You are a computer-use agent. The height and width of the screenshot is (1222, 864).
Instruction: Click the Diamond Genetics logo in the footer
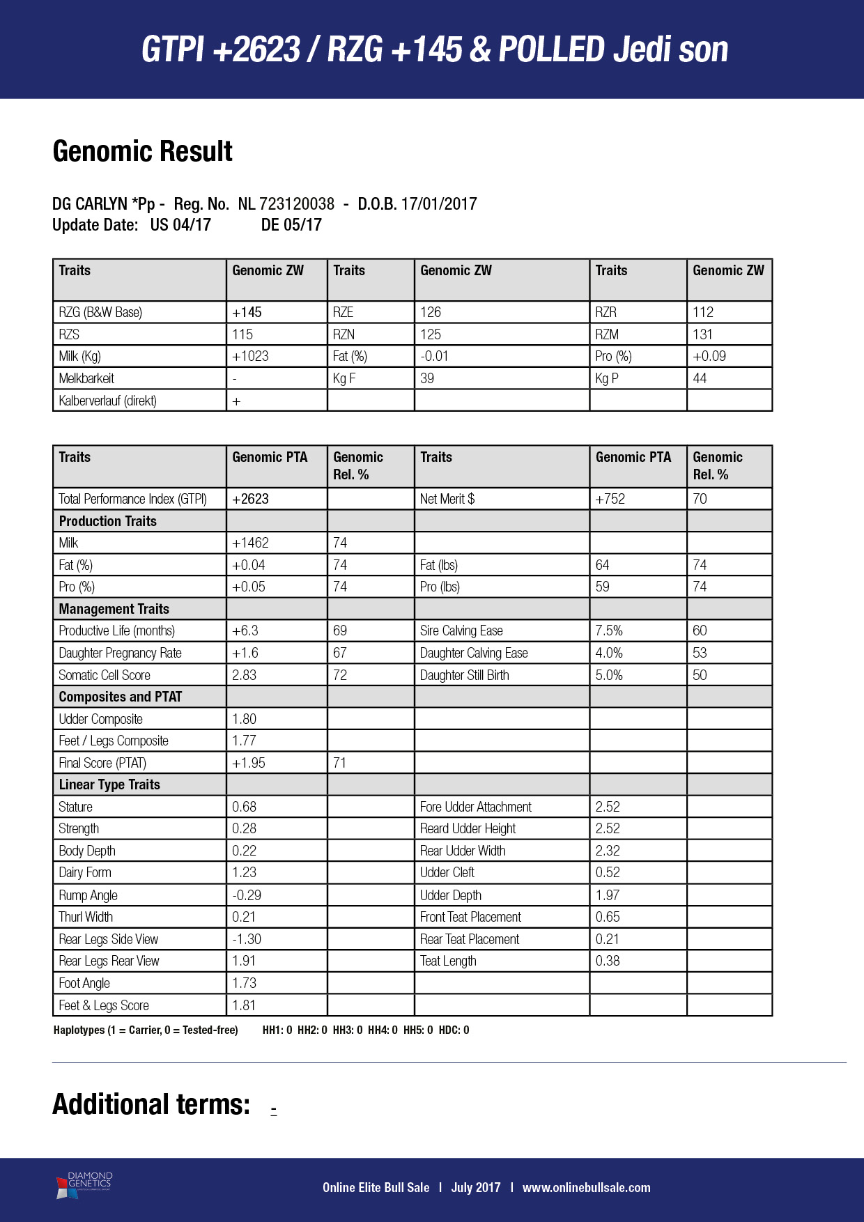[84, 1185]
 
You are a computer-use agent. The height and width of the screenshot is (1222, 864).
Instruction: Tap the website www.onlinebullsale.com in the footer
[586, 1187]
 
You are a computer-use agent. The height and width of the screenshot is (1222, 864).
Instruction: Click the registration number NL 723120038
[286, 204]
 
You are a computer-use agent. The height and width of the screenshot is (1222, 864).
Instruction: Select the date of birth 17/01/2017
[438, 204]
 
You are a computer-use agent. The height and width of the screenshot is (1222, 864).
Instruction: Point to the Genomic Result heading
[142, 151]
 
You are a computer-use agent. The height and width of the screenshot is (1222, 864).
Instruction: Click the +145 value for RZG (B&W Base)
[247, 312]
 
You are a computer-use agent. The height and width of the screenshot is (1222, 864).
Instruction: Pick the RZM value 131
[703, 334]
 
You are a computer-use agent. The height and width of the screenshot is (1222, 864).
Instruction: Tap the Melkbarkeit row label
[86, 378]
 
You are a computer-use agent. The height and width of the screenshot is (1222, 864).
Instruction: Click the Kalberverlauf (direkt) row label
[107, 401]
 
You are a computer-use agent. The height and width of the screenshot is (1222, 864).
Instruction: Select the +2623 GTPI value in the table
[251, 499]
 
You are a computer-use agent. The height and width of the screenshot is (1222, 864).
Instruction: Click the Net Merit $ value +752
[610, 499]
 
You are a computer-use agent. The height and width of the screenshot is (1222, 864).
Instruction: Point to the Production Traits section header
[108, 521]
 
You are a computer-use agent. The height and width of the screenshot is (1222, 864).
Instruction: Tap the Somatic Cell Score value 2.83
[245, 675]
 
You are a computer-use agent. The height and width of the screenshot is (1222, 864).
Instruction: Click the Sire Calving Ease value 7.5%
[609, 631]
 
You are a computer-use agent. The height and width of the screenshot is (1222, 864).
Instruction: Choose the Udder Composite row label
[101, 719]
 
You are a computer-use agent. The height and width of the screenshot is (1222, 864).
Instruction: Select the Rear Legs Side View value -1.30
[247, 939]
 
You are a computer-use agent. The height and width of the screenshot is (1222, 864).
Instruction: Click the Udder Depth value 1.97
[608, 895]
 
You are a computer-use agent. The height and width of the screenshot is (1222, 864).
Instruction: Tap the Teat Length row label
[448, 961]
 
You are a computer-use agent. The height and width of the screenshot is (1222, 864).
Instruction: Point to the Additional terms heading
[151, 1104]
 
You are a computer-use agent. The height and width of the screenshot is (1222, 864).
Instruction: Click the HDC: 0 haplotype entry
[454, 1030]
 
